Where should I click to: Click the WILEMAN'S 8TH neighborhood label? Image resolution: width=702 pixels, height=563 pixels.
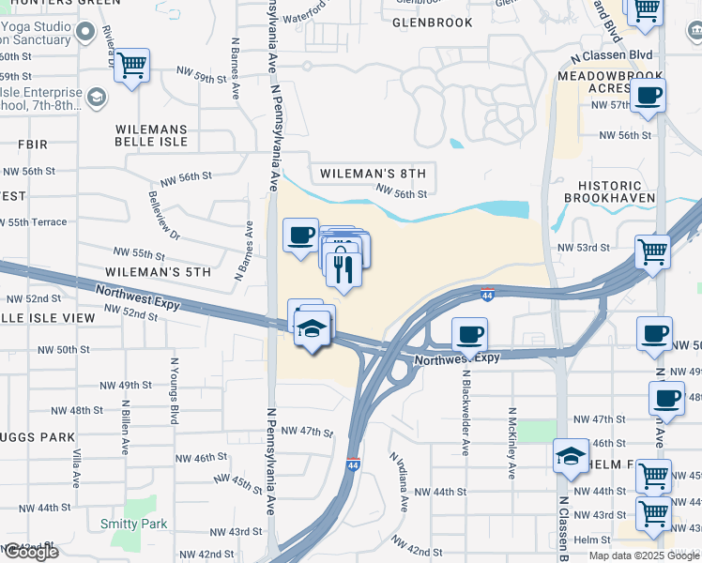373,174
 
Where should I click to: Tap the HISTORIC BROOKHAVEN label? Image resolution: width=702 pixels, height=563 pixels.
617,192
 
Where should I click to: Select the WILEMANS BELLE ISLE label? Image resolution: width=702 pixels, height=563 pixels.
151,135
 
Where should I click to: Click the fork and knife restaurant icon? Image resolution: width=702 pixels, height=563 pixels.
343,270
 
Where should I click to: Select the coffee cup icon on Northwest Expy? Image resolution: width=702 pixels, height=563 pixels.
470,333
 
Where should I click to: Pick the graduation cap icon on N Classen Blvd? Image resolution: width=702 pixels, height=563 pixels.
571,456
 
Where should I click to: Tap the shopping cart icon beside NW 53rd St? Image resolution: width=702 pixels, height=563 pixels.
653,251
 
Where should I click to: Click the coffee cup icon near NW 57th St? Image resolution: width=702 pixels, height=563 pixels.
649,96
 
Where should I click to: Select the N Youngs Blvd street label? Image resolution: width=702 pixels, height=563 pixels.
174,389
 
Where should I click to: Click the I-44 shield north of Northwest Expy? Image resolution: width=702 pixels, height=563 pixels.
487,295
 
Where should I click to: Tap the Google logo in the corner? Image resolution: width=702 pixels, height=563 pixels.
30,552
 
